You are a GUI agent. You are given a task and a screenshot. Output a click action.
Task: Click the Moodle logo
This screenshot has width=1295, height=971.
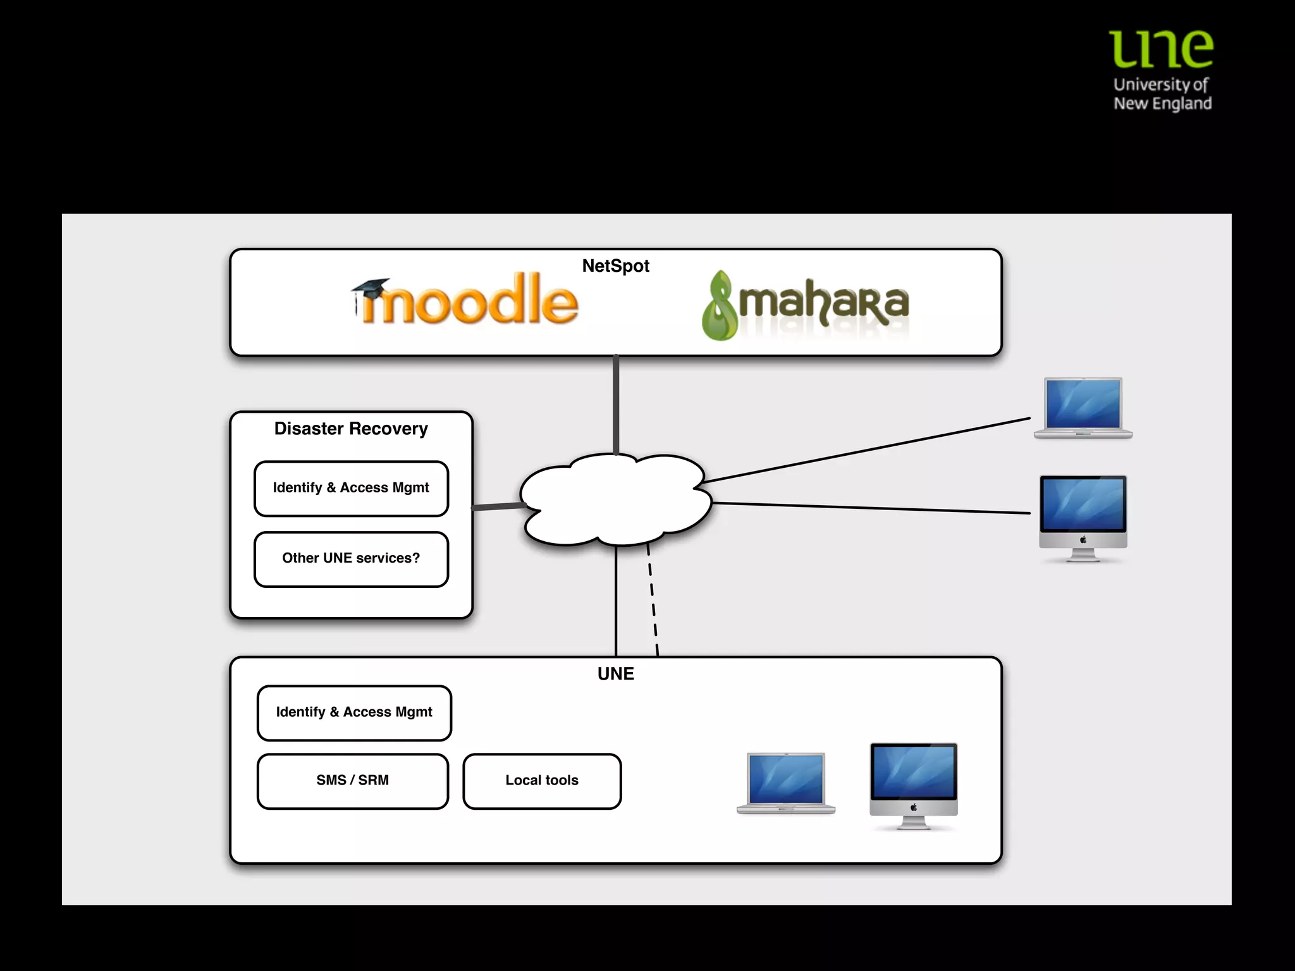465,301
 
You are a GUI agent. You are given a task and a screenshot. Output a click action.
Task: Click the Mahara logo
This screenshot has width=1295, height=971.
806,305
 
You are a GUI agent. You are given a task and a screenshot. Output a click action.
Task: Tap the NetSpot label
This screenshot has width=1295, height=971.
615,266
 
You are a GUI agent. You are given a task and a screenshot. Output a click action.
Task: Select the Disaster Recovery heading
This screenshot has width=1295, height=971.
351,429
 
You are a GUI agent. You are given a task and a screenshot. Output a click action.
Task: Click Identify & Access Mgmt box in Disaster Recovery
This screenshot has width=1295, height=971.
351,488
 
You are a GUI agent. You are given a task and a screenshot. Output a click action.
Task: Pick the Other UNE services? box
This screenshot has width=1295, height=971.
351,559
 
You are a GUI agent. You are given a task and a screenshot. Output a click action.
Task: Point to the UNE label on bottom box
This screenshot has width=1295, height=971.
615,674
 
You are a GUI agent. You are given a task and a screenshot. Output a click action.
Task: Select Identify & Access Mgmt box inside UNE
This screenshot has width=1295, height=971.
354,712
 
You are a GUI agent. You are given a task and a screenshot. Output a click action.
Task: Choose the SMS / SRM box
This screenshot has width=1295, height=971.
352,781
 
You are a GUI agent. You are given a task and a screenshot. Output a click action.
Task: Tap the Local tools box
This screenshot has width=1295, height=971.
542,781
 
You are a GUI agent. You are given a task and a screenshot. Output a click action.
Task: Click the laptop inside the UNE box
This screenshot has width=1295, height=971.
785,783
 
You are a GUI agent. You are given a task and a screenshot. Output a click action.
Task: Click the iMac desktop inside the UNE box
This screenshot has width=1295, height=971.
914,784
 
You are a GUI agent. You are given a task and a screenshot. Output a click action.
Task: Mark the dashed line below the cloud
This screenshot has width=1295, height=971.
653,601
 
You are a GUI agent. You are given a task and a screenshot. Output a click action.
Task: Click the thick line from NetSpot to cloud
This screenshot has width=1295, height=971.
615,405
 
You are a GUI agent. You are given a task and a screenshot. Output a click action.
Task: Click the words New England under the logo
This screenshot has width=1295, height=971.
1162,104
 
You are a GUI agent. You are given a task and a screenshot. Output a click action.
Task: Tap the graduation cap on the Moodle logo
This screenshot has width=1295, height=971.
371,287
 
